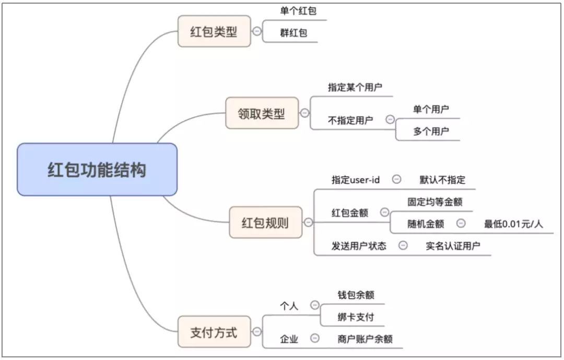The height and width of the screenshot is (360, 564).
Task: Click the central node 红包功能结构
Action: (x=97, y=170)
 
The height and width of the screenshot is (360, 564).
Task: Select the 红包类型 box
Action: (x=214, y=31)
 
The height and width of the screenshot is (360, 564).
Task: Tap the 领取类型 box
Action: (x=262, y=113)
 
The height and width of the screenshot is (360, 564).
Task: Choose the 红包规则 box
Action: (x=265, y=223)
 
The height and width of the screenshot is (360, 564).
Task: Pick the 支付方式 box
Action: (x=214, y=332)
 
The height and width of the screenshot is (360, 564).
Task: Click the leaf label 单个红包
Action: (x=298, y=11)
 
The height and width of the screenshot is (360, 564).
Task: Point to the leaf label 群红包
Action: (x=293, y=33)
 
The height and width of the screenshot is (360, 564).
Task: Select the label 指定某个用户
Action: (x=355, y=87)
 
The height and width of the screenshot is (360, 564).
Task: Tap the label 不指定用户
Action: (x=350, y=120)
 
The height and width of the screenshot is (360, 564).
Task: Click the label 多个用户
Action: (x=431, y=131)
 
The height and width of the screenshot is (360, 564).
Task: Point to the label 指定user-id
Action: (x=356, y=180)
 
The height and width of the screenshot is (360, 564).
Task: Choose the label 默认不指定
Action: (x=442, y=180)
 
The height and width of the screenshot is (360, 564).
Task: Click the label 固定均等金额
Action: (x=435, y=202)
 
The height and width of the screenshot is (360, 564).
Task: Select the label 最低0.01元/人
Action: (x=513, y=224)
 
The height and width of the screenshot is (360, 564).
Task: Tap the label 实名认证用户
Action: (x=453, y=246)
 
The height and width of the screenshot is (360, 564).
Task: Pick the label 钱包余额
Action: (x=356, y=295)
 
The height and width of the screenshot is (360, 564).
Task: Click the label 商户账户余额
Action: (x=365, y=339)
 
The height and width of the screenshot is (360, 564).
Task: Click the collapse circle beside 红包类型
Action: (x=257, y=31)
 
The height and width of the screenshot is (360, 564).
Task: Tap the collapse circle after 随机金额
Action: (x=461, y=224)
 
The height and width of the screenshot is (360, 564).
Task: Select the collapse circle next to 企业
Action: (x=315, y=339)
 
